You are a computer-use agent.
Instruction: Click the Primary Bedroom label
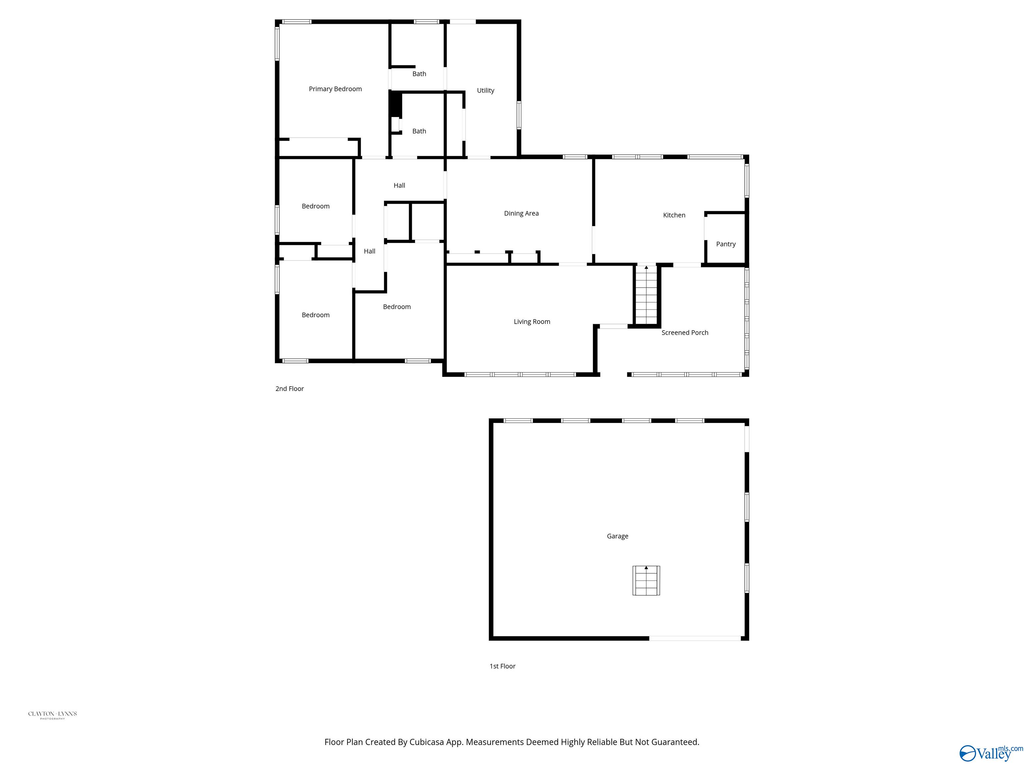click(x=335, y=89)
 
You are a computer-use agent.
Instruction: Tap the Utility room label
click(x=486, y=90)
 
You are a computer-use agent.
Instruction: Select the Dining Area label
click(x=521, y=213)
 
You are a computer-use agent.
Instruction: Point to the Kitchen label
click(x=674, y=215)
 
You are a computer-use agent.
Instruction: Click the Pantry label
click(x=725, y=244)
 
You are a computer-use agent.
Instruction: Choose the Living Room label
click(x=532, y=322)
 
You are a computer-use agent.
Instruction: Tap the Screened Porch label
click(x=685, y=332)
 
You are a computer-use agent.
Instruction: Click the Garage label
click(x=618, y=536)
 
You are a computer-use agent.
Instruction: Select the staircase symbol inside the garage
click(x=646, y=581)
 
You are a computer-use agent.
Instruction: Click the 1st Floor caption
click(x=502, y=666)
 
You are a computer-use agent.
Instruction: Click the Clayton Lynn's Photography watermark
click(x=52, y=714)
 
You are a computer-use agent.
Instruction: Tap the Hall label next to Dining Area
click(x=399, y=186)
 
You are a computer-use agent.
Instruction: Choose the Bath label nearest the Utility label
click(x=419, y=74)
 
